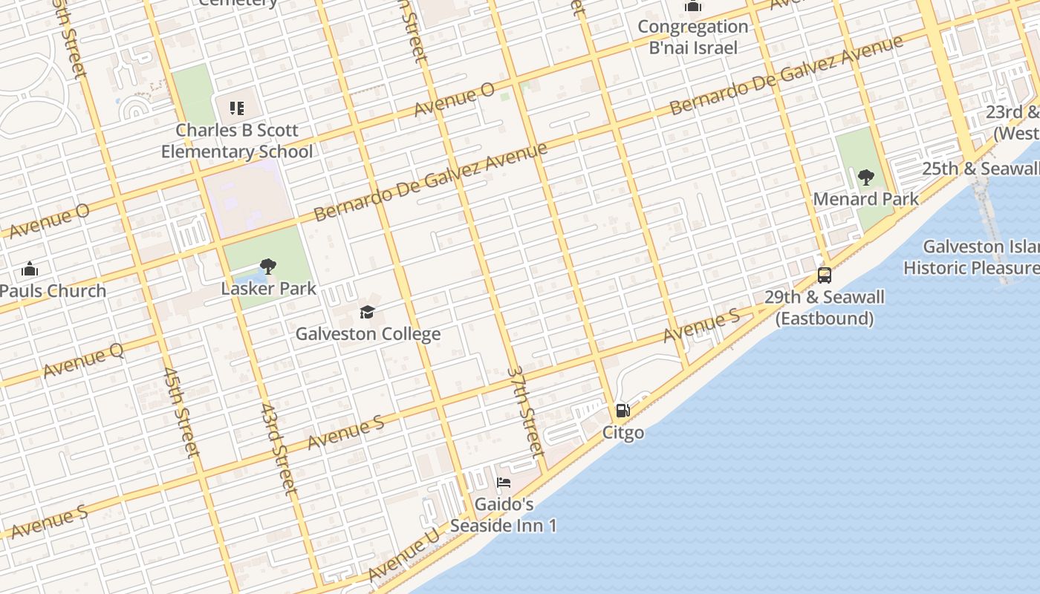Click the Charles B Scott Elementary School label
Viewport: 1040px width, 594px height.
237,141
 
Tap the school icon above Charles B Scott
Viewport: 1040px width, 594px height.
237,109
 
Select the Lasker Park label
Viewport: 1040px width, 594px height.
269,288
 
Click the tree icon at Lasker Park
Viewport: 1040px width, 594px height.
268,266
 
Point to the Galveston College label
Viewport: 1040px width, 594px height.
368,334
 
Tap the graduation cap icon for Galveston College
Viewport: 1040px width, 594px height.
367,312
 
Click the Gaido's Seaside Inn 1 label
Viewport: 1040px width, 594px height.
504,515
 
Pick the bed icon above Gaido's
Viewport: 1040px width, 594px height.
503,483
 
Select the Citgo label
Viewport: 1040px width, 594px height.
623,432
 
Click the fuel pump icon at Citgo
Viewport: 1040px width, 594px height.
623,411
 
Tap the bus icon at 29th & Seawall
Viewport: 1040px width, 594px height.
824,275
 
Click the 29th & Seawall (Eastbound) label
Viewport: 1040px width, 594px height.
824,308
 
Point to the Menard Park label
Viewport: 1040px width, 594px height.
865,199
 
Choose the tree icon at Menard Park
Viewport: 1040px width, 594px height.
865,177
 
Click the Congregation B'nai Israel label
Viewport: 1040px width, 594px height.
693,37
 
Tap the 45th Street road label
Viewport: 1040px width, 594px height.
181,412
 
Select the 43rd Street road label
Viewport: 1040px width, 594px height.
279,449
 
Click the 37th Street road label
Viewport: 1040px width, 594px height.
526,411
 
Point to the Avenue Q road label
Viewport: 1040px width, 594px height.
83,361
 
